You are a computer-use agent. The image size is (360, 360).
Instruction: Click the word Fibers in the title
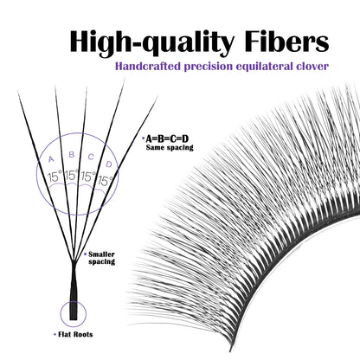click(287, 42)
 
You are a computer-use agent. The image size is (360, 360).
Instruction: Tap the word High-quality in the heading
click(151, 43)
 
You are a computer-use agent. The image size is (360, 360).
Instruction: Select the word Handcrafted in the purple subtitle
click(148, 66)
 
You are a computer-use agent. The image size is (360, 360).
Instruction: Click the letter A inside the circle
click(51, 159)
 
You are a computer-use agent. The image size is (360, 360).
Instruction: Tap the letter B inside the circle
click(71, 155)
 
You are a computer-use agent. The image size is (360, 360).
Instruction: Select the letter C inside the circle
click(91, 157)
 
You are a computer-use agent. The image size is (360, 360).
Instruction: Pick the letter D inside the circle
click(109, 164)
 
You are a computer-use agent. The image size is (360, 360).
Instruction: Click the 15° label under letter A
click(55, 176)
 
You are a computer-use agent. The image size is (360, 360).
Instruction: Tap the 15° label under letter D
click(106, 181)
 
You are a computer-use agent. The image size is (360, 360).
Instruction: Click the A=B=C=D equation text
click(167, 139)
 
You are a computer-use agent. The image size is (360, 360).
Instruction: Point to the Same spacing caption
click(170, 148)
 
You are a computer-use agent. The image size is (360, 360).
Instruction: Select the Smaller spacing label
click(101, 258)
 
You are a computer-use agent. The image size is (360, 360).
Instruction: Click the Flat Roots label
click(75, 335)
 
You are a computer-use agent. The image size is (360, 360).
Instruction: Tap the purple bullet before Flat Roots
click(55, 335)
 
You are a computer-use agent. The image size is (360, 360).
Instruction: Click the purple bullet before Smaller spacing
click(85, 254)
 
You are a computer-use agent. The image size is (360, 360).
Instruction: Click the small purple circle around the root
click(61, 314)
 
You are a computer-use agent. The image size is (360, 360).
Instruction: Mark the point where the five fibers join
click(74, 261)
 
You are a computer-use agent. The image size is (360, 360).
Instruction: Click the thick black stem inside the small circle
click(74, 310)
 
